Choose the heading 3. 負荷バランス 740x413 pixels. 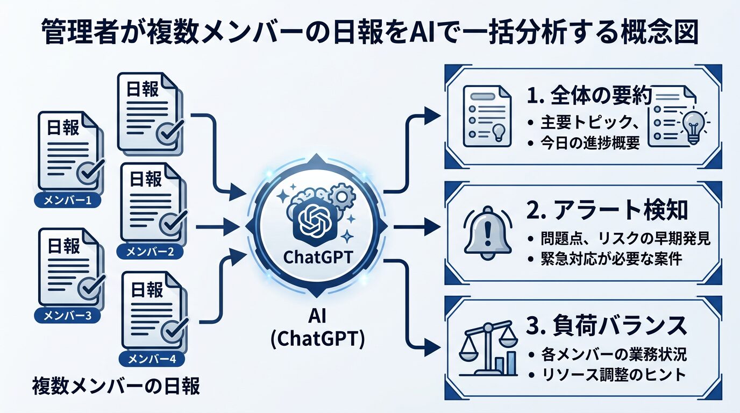pos(604,326)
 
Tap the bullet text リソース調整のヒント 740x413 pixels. pos(613,374)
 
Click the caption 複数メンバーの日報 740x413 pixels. pos(116,386)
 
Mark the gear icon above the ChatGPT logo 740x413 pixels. pos(341,196)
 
